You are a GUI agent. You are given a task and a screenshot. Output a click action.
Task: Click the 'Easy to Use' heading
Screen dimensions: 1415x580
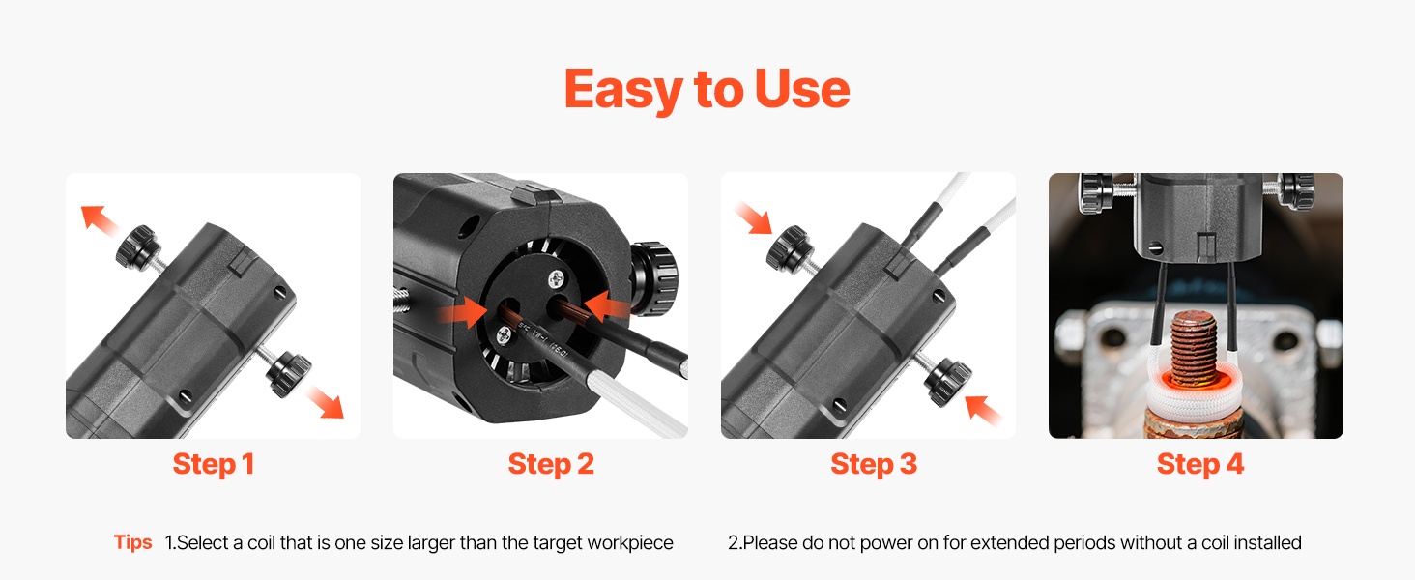tap(707, 89)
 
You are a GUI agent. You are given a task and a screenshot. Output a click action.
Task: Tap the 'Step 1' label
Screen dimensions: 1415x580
tap(214, 464)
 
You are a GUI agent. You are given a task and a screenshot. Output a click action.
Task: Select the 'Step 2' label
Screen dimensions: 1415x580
tap(551, 464)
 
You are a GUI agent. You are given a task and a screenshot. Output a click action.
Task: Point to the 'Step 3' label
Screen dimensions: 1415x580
tap(874, 464)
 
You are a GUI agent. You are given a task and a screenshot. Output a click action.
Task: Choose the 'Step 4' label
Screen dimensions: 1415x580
tap(1200, 464)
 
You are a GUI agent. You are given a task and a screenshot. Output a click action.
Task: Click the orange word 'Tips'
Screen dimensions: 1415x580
tap(132, 542)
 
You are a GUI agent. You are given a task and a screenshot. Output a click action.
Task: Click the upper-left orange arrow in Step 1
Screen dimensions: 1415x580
tap(100, 219)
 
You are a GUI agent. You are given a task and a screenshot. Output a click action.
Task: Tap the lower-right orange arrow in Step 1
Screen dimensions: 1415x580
tap(326, 402)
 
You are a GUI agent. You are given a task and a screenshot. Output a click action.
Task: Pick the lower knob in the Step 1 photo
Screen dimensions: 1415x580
tap(288, 372)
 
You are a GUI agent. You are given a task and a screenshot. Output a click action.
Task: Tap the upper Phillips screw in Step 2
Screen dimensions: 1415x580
tap(557, 278)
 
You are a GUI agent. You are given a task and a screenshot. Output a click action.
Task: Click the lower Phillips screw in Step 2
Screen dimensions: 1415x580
tap(505, 335)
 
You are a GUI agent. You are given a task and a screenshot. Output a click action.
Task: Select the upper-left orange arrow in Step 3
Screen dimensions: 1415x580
tap(754, 218)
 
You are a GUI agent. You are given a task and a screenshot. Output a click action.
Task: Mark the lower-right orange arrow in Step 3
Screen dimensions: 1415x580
tap(983, 410)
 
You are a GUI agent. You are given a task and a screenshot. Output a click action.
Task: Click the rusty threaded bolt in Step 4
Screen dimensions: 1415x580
tap(1194, 349)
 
